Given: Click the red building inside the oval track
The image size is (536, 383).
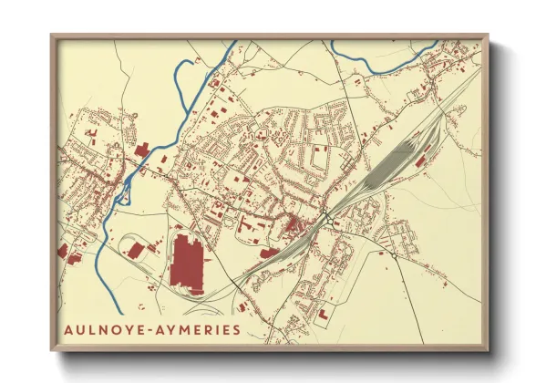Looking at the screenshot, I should click(136, 249).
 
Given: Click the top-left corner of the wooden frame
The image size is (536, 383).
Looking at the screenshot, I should click(52, 36).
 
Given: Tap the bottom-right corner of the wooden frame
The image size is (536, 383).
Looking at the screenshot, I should click(488, 350).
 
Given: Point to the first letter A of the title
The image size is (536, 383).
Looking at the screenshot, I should click(69, 329).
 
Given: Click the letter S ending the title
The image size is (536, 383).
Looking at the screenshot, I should click(237, 329).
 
